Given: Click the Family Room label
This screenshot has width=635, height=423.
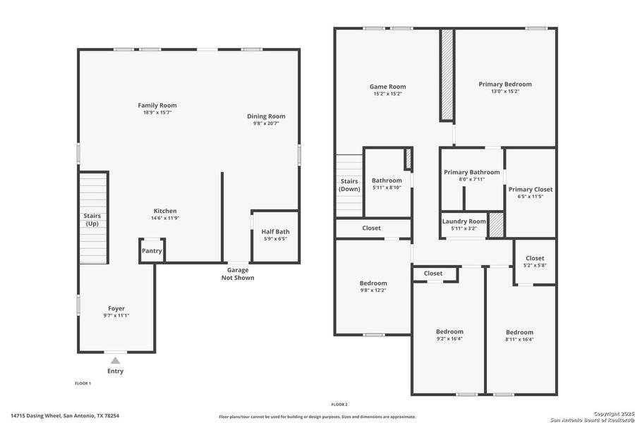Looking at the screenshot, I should click(157, 105).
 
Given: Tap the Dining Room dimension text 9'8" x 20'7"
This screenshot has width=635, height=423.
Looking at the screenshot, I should click(266, 123).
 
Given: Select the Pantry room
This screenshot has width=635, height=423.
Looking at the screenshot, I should click(152, 251).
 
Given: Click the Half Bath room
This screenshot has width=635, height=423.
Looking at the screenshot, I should click(275, 235).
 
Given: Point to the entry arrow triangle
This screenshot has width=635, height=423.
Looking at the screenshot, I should click(115, 360).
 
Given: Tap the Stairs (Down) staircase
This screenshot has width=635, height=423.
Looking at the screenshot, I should click(349, 185).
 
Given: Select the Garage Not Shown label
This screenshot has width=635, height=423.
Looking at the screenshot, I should click(237, 274).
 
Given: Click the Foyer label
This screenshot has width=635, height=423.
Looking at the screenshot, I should click(116, 308).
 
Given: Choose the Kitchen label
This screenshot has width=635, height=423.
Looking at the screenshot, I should click(165, 211).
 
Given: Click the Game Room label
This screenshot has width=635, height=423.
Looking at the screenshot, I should click(387, 87).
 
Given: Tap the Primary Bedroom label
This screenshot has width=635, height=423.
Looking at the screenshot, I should click(505, 84).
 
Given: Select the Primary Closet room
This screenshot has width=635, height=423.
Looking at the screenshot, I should click(531, 192).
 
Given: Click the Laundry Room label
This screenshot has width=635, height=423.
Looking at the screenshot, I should click(464, 221).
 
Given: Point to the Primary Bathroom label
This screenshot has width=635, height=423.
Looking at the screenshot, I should click(471, 172).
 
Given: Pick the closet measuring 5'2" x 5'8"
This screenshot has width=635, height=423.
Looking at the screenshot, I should click(535, 262).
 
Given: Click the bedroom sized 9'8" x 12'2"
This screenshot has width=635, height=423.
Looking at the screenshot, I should click(373, 286).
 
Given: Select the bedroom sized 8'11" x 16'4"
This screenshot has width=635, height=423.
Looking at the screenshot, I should click(519, 336).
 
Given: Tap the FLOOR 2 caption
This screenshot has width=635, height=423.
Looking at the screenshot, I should click(339, 404).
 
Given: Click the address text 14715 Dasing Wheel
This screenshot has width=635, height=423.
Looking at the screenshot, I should click(42, 415).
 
